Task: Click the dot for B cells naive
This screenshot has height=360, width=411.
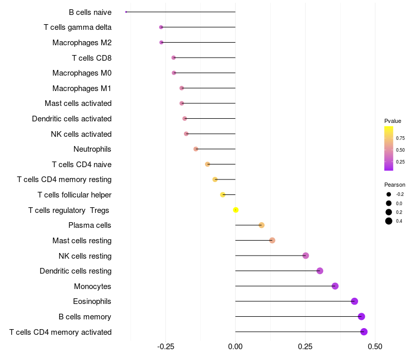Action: [x=126, y=12]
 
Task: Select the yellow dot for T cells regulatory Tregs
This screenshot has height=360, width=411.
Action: [x=236, y=210]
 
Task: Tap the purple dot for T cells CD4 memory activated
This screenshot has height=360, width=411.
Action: [x=364, y=332]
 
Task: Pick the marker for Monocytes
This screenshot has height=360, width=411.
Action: [x=335, y=286]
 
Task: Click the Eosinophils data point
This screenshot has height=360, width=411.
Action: [x=354, y=301]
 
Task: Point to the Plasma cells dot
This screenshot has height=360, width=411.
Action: [x=261, y=225]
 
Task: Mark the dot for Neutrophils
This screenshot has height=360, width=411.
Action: [x=196, y=149]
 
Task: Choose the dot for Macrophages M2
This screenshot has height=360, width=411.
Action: [x=161, y=43]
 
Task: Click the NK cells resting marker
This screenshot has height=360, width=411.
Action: [x=306, y=256]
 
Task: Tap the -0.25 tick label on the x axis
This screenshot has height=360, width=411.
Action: [x=165, y=347]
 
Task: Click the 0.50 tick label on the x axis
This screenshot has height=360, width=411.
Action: [x=375, y=347]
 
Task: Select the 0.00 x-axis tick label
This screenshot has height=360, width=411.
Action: [x=235, y=347]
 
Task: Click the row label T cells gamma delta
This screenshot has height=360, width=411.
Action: [x=78, y=27]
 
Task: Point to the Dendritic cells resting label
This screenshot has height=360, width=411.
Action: [x=76, y=271]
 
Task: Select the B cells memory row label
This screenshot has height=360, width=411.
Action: [x=85, y=317]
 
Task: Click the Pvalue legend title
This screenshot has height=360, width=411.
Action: [x=393, y=121]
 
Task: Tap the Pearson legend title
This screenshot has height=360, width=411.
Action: [x=395, y=185]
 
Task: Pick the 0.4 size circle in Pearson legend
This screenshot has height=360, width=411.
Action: [x=389, y=221]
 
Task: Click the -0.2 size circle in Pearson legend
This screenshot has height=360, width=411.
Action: [x=389, y=194]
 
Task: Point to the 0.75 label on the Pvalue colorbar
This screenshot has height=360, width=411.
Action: [x=400, y=138]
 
